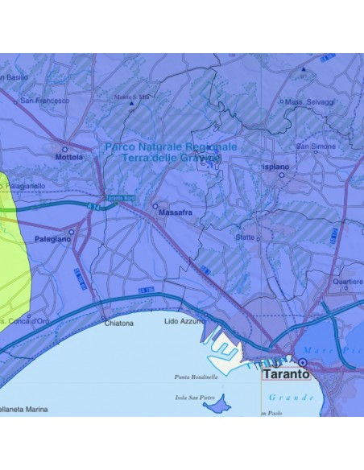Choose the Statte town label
(x=245, y=238)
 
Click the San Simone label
(x=316, y=146)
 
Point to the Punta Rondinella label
(x=196, y=377)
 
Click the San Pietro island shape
(x=216, y=404)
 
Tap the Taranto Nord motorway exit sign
(x=119, y=197)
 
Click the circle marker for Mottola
(x=65, y=148)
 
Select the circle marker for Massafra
(x=155, y=206)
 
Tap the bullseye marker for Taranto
(x=302, y=363)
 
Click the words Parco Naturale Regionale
(x=172, y=147)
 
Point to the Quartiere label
(x=349, y=282)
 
